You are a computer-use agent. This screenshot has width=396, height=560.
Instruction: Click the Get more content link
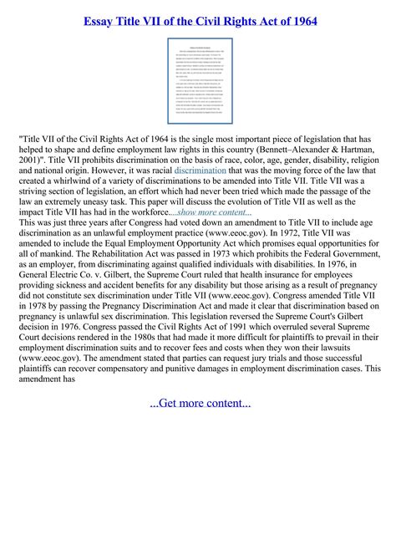click(200, 404)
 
